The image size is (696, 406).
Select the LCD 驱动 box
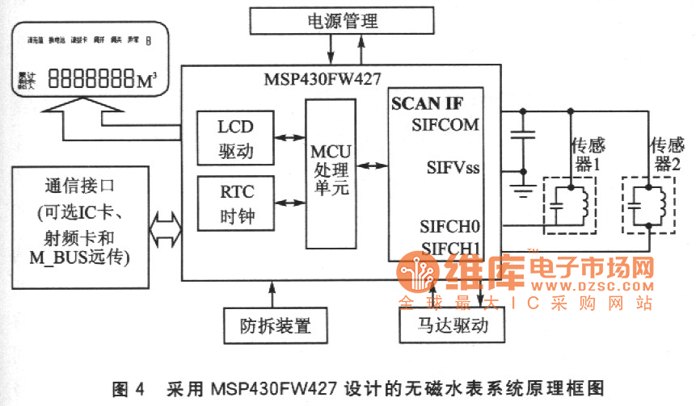click(235, 138)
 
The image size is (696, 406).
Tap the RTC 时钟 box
click(235, 205)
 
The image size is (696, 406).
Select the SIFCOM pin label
click(445, 124)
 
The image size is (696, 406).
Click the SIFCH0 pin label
click(449, 225)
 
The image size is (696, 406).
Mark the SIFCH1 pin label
click(449, 247)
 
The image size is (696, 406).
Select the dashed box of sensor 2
click(651, 206)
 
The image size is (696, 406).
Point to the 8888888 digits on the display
click(91, 80)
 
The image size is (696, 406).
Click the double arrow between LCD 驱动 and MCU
click(287, 138)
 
